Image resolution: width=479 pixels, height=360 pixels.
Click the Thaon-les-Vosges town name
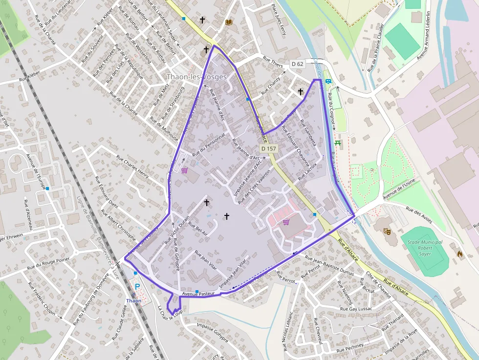pyautogui.click(x=196, y=77)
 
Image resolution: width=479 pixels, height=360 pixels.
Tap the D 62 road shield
pyautogui.click(x=297, y=64)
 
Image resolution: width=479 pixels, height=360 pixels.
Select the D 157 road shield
pyautogui.click(x=269, y=148)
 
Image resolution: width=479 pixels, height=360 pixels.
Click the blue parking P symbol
pyautogui.click(x=137, y=287)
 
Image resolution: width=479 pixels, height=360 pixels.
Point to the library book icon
pyautogui.click(x=228, y=22)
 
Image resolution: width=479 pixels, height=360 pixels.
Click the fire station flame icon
pyautogui.click(x=459, y=254)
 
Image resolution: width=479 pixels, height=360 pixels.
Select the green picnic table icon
pyautogui.click(x=337, y=143)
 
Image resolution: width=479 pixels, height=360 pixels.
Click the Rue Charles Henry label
pyautogui.click(x=132, y=166)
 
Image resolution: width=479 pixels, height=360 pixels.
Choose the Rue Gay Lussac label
pyautogui.click(x=354, y=309)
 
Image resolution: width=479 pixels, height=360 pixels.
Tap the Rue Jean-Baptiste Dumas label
pyautogui.click(x=329, y=266)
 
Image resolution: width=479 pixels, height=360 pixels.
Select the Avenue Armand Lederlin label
pyautogui.click(x=423, y=35)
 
